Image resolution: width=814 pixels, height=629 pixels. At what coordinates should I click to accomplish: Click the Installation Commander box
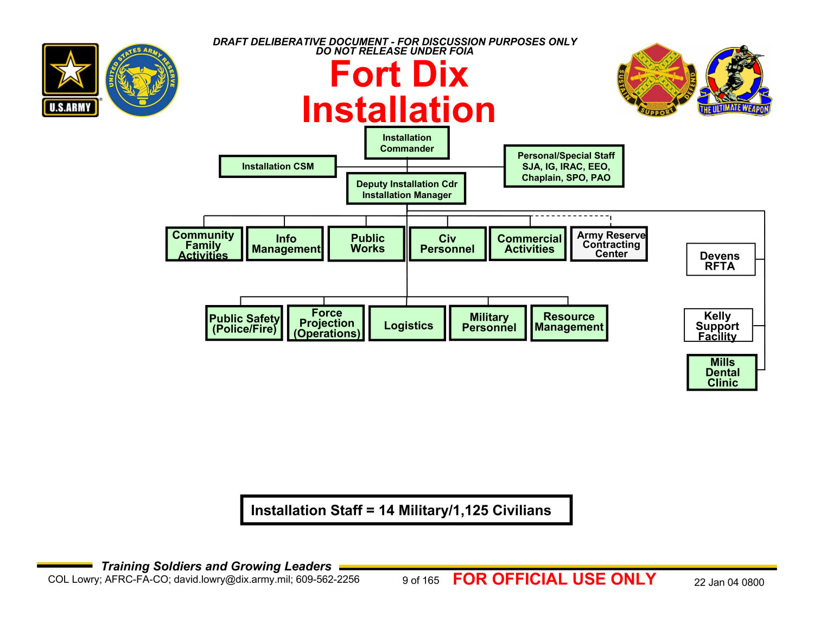click(x=407, y=143)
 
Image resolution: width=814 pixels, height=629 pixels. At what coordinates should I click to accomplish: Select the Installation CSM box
click(x=278, y=166)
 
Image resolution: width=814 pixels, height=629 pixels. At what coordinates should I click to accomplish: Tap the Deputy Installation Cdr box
click(x=406, y=189)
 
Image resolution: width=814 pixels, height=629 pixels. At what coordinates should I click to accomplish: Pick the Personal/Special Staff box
click(x=564, y=166)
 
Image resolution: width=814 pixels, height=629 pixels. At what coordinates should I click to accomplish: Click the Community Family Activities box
click(x=204, y=244)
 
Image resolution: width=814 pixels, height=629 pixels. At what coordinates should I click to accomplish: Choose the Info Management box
click(x=285, y=244)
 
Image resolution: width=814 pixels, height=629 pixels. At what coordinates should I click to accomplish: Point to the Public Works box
click(x=367, y=244)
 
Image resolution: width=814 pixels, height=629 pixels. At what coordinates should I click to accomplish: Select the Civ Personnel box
click(x=448, y=244)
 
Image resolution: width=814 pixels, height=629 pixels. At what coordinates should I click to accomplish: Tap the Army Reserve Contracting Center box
click(x=609, y=244)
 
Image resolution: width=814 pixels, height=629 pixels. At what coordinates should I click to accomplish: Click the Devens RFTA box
click(x=721, y=260)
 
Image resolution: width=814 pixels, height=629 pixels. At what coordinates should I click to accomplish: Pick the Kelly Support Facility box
click(x=718, y=326)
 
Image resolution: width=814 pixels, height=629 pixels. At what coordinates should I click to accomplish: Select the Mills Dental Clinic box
click(x=722, y=372)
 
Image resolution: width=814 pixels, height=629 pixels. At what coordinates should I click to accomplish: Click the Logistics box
click(x=408, y=324)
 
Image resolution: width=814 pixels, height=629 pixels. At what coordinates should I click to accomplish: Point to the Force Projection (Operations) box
click(x=326, y=323)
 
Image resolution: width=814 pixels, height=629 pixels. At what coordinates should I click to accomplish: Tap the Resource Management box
click(x=569, y=323)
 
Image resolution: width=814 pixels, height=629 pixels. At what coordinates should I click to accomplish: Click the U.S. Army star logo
click(x=71, y=80)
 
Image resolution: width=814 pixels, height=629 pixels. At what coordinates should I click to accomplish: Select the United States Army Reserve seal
click(x=142, y=80)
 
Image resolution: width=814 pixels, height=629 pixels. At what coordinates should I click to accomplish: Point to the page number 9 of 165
click(x=421, y=581)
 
